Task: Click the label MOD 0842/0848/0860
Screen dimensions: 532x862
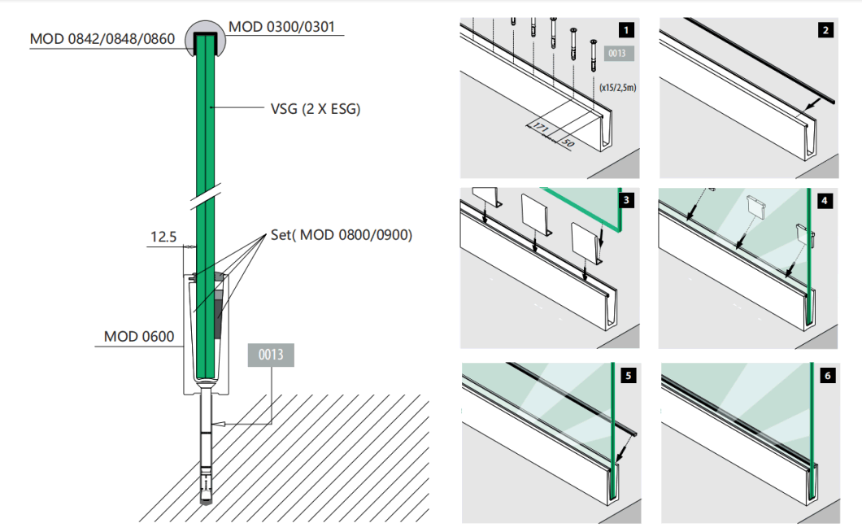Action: point(102,38)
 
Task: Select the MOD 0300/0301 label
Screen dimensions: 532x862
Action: point(280,26)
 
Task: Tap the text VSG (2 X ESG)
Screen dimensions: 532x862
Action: point(315,108)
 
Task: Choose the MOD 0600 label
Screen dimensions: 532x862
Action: point(138,336)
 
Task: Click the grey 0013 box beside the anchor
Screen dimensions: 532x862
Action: point(272,355)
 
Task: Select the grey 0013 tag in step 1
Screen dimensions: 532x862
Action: point(616,55)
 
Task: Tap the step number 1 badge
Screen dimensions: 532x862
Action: point(625,32)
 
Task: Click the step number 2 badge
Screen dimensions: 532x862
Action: point(825,32)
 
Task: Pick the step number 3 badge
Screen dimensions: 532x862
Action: point(625,200)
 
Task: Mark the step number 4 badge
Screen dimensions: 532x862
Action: point(825,200)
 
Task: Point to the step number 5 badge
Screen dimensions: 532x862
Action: point(625,376)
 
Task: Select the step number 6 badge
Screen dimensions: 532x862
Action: point(825,376)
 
